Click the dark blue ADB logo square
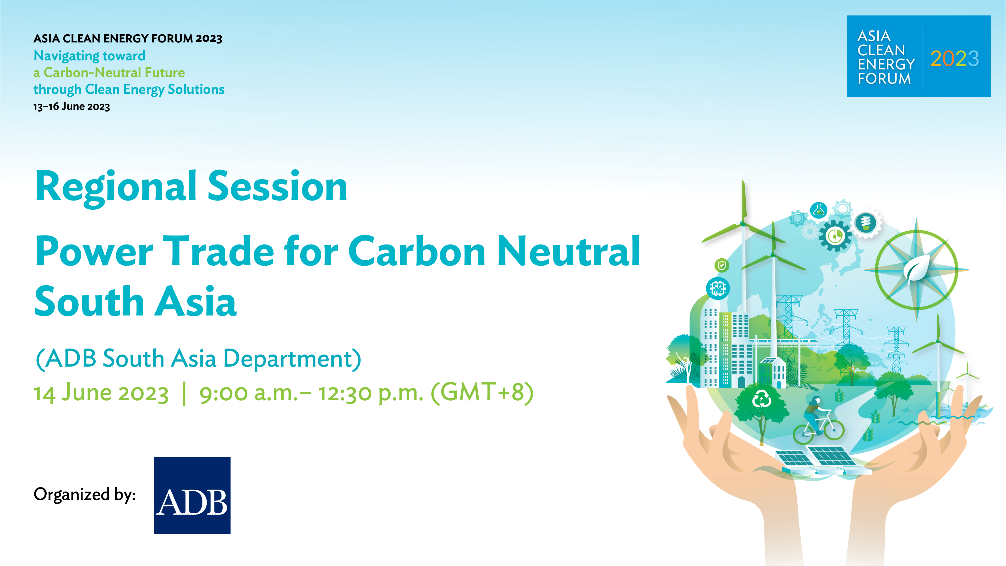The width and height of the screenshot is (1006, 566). point(192,495)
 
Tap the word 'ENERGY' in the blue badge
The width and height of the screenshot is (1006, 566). point(886,64)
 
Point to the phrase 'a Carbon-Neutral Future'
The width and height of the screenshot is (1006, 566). point(109,73)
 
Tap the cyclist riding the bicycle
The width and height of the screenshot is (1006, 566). point(818,420)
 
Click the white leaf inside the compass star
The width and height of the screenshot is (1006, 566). point(916,269)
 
